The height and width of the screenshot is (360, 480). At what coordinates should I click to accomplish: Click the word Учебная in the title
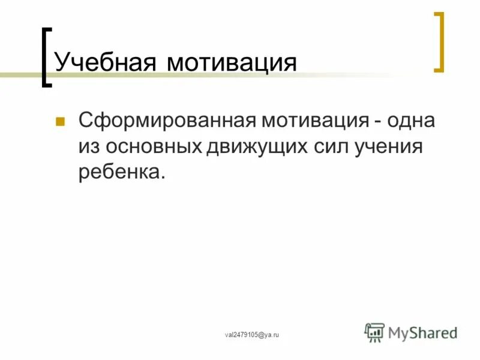tap(106, 62)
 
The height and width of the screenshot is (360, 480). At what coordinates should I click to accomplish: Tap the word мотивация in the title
tap(232, 62)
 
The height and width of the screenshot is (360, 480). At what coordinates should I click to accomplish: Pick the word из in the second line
tap(88, 147)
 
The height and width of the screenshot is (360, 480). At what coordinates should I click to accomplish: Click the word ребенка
tap(118, 173)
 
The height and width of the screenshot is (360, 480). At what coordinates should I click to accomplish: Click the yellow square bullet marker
tap(59, 122)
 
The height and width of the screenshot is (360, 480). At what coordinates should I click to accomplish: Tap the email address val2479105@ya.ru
tap(252, 335)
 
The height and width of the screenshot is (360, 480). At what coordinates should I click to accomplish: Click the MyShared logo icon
tap(375, 332)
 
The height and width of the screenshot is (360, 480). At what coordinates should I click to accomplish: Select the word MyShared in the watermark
tap(422, 332)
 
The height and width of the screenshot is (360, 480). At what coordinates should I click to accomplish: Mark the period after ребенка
tap(162, 178)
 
